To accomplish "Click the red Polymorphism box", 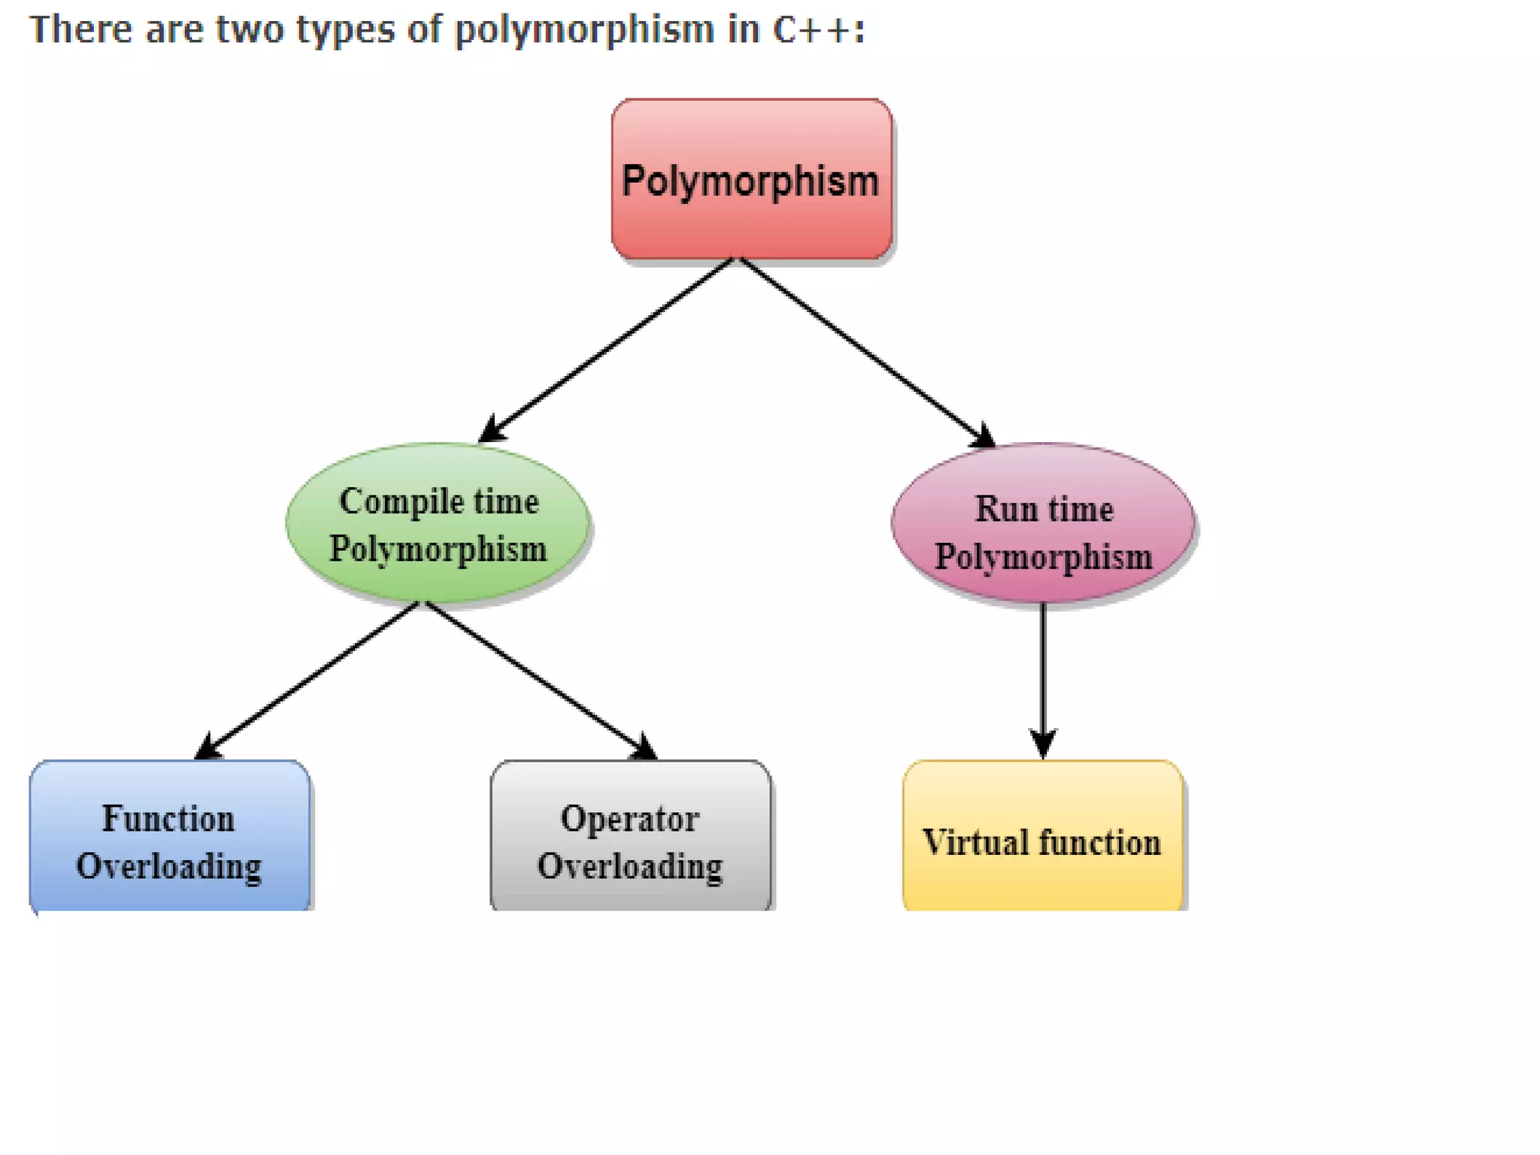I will point(752,179).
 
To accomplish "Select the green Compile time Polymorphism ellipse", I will point(438,524).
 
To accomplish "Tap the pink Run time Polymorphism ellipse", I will point(1043,524).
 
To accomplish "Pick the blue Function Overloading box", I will point(169,836).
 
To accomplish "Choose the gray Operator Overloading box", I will point(630,836).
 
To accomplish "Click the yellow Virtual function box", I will point(1042,836).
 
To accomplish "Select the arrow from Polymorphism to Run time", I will point(865,350).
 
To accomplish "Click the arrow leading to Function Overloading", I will point(308,680).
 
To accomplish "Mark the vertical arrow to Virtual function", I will point(1042,677).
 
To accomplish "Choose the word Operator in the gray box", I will point(630,819).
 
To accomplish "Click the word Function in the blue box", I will point(168,818).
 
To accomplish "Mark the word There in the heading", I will point(81,30).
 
